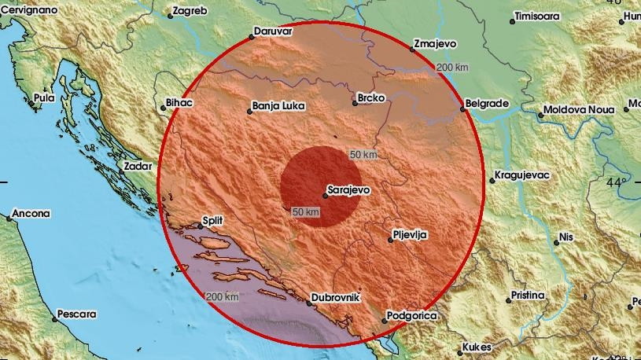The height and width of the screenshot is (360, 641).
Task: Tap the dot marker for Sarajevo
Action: coord(325,186)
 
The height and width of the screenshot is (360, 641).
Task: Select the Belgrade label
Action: coord(487,103)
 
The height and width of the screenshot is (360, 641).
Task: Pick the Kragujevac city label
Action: coord(523,174)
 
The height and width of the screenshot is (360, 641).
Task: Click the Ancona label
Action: coord(31,213)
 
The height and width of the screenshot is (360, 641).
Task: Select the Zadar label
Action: coord(137,166)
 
